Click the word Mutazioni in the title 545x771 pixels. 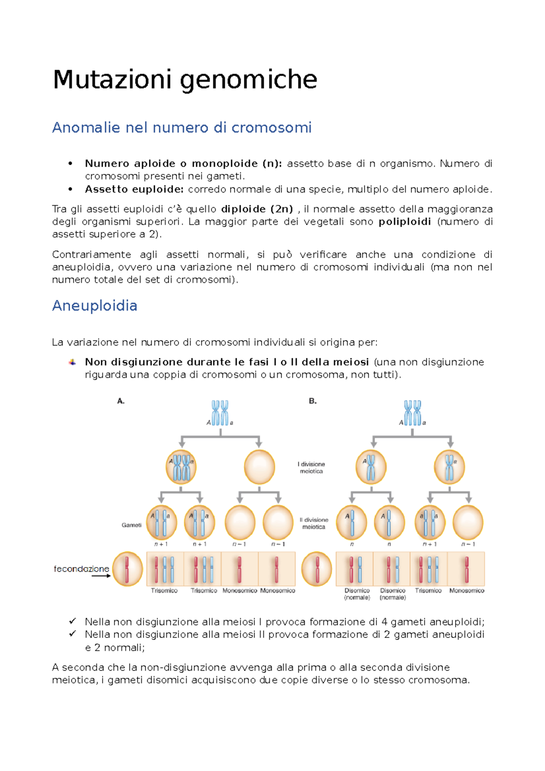point(112,79)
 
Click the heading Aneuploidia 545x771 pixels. point(94,306)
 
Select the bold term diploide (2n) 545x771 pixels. point(257,209)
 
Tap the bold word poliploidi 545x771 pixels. point(405,222)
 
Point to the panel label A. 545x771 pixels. point(121,401)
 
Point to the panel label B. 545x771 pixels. point(312,401)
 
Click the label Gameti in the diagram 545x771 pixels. point(131,525)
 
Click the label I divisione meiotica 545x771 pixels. point(312,468)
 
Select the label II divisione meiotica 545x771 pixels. point(314,523)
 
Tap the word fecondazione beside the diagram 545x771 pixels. point(81,568)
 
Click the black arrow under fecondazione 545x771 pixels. point(101,576)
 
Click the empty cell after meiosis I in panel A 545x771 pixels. point(259,467)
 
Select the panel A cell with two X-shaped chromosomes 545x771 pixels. point(181,467)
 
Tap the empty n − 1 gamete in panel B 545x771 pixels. point(468,522)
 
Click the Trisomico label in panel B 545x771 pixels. point(428,591)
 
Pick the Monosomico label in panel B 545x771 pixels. point(466,591)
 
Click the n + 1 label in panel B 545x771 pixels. point(429,544)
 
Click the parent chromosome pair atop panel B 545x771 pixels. point(412,413)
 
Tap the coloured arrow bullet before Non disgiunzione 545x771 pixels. point(72,362)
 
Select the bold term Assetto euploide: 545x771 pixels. point(134,189)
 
